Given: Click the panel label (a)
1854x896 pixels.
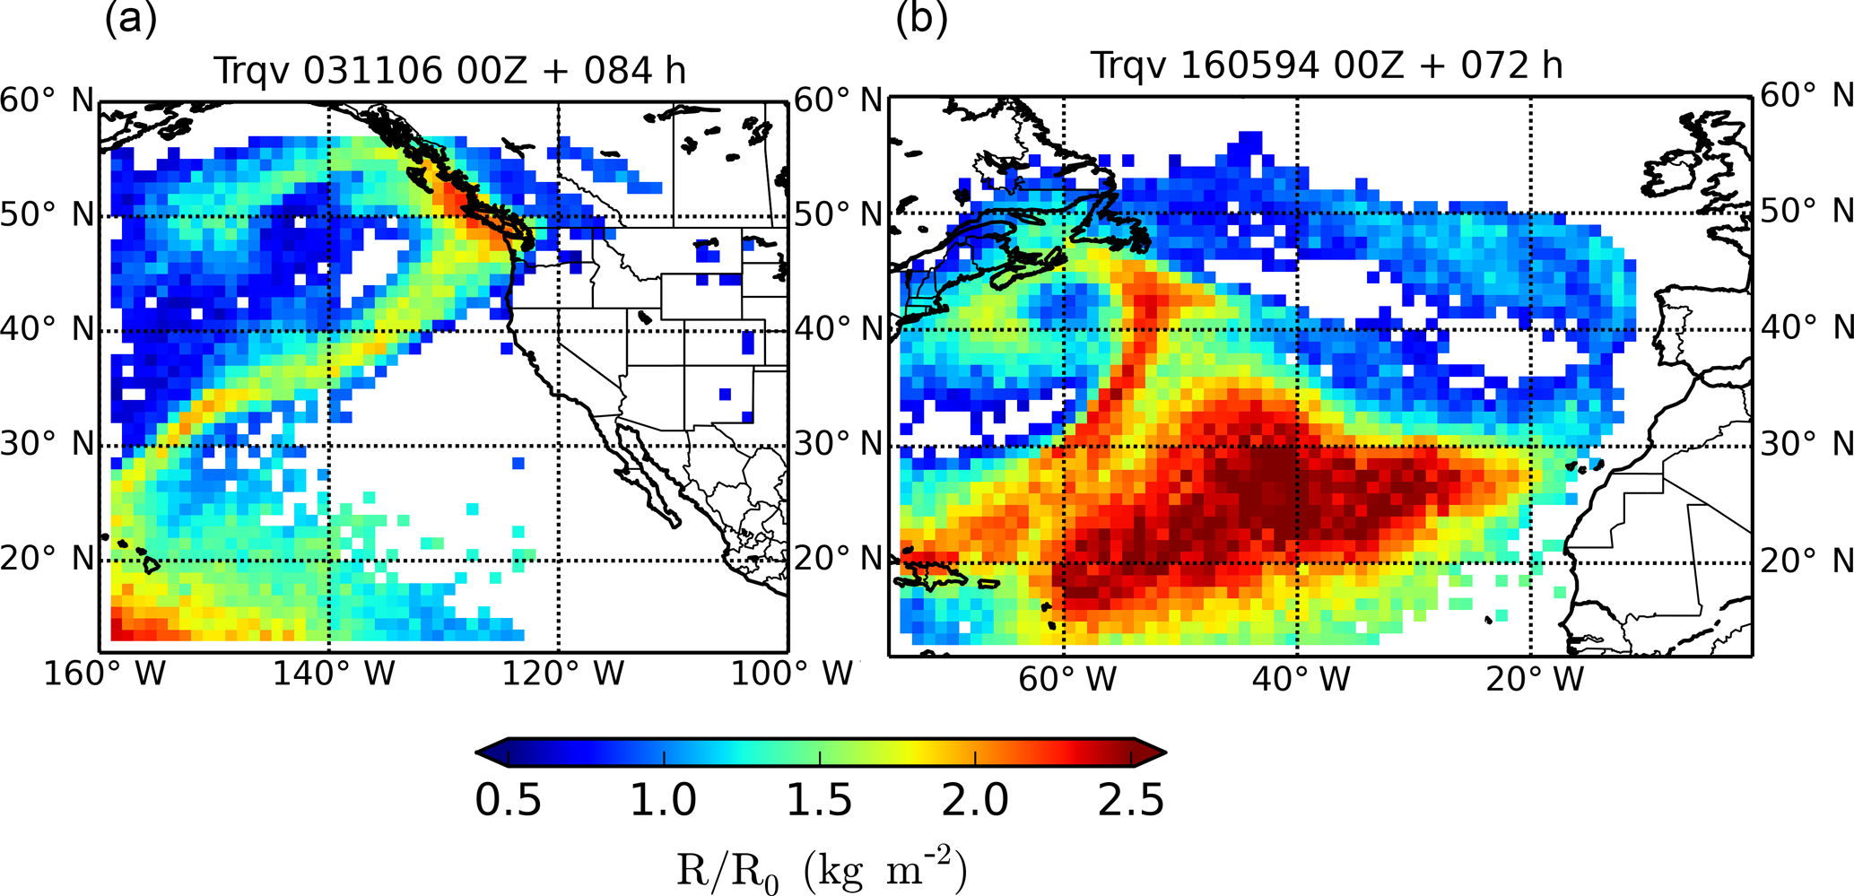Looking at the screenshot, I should (x=131, y=20).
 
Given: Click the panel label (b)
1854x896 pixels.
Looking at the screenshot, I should (x=921, y=20).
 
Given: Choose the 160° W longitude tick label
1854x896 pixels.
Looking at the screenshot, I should (x=105, y=674).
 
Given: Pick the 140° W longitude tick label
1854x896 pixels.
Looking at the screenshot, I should (x=334, y=674).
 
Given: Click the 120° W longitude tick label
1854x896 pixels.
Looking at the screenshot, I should (x=562, y=674).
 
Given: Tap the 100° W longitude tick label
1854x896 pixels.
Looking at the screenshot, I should (x=791, y=674).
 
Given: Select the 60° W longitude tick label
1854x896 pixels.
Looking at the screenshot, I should (x=1066, y=679).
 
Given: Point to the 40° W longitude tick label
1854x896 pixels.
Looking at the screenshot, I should (x=1301, y=679).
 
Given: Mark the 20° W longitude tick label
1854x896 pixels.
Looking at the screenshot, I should (x=1535, y=679).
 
